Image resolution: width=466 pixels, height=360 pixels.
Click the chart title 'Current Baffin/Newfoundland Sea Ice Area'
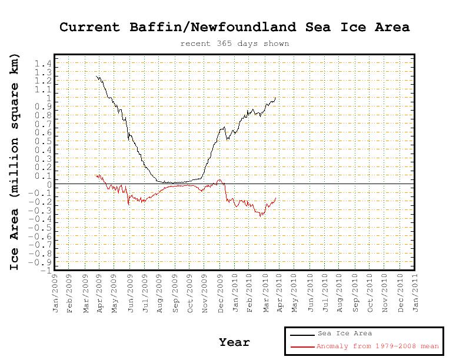pos(234,27)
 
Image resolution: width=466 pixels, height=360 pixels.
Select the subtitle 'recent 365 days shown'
pos(234,43)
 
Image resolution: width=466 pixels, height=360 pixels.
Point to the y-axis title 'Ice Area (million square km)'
pos(15,162)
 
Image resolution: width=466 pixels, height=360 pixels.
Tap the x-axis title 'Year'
pos(234,342)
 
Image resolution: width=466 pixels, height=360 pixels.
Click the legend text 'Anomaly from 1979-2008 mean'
pos(378,346)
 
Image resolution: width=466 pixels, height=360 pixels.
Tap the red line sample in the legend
pos(302,347)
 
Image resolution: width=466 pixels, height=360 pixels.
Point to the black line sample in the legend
pos(302,334)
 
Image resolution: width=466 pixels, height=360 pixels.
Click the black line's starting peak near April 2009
pos(98,76)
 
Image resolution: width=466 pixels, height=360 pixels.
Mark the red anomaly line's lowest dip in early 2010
pos(261,216)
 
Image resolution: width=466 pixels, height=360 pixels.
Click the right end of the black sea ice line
pos(275,98)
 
